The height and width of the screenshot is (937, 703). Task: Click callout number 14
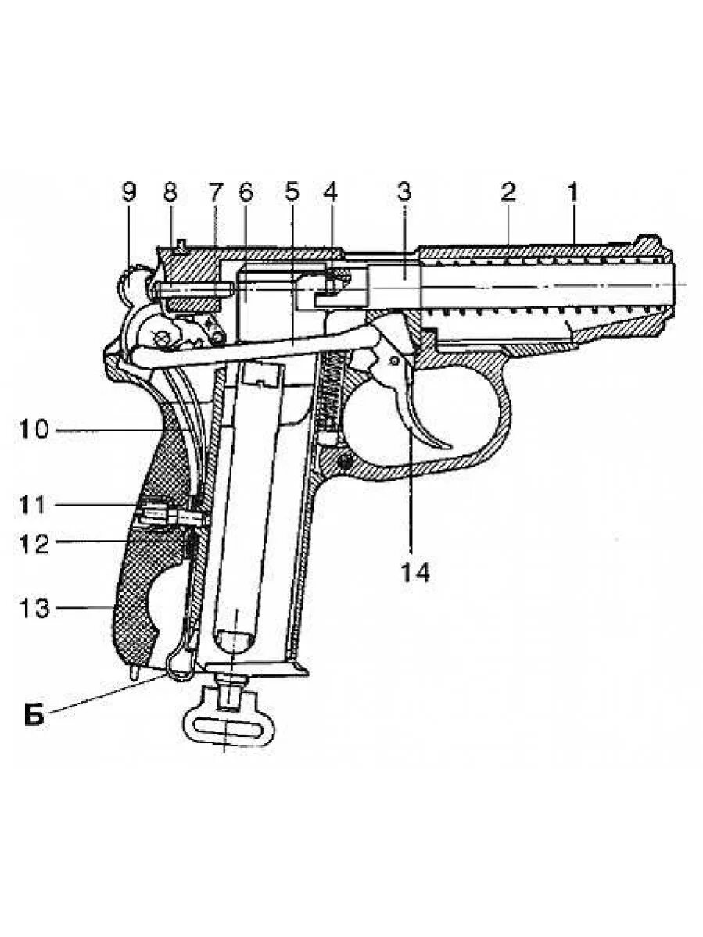click(416, 573)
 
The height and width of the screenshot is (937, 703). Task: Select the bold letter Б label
click(34, 716)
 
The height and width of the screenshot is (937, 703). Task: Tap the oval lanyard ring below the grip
click(224, 726)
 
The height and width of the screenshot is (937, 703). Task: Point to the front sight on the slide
click(647, 241)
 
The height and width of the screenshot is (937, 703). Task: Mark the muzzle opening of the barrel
click(674, 284)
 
